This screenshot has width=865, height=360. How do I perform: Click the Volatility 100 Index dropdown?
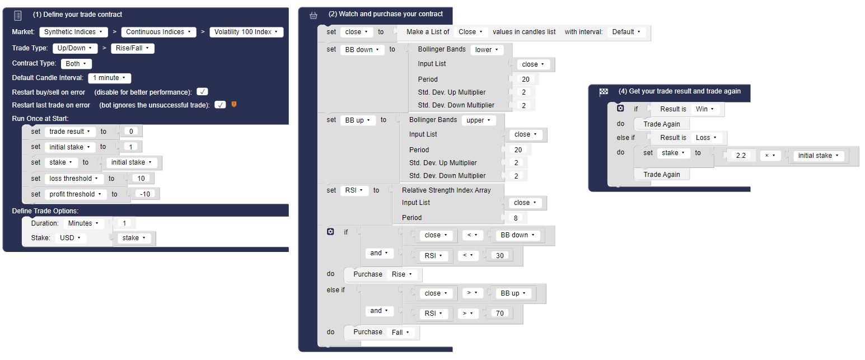pos(246,32)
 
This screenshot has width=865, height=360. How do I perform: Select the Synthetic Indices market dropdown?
pos(73,32)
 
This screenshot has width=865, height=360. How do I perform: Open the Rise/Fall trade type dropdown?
pos(133,48)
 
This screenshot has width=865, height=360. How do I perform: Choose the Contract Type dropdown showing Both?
pos(76,64)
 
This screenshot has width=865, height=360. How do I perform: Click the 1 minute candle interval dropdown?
pos(109,78)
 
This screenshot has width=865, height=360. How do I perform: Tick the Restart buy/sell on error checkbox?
pos(202,92)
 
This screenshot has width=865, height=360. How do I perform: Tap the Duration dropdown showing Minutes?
pos(83,223)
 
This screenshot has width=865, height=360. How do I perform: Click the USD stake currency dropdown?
pos(70,238)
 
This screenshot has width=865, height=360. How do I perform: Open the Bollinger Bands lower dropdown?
pos(487,50)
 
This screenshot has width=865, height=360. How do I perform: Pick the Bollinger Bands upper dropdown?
pos(478,120)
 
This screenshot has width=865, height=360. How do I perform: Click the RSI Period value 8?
pos(516,218)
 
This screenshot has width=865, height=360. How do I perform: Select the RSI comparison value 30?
pos(499,255)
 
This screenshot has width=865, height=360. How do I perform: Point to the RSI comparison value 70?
pos(499,314)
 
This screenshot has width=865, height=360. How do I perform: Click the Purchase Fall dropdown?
pos(400,333)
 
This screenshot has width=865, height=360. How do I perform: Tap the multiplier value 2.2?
pos(741,156)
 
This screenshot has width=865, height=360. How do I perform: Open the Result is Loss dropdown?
pos(706,138)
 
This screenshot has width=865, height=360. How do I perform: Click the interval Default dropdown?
pos(626,32)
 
